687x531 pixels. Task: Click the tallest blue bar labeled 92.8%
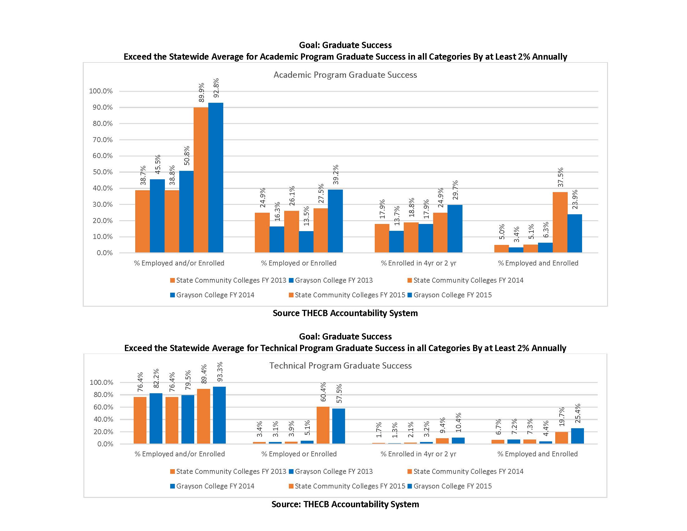click(215, 178)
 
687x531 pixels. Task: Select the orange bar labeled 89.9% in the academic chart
click(201, 180)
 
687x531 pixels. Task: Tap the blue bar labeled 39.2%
click(335, 221)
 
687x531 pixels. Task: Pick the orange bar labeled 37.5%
click(560, 222)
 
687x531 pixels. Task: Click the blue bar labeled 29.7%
click(455, 229)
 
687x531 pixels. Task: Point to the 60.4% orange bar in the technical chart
click(323, 425)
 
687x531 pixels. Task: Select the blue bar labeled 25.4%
click(577, 436)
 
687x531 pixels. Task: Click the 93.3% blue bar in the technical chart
click(219, 415)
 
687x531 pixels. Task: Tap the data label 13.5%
click(306, 216)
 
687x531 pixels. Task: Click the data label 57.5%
click(339, 394)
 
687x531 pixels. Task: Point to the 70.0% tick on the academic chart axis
click(102, 140)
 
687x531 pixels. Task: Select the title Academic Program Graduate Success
click(345, 75)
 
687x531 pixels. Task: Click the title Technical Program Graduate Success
click(340, 365)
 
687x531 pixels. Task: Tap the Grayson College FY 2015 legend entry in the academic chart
click(452, 295)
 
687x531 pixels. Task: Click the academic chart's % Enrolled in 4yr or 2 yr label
click(418, 263)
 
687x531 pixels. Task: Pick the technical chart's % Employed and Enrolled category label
click(537, 454)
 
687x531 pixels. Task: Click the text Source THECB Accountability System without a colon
click(345, 313)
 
